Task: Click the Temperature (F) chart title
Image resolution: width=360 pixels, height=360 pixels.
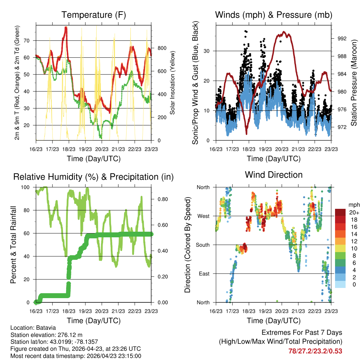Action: coord(94,15)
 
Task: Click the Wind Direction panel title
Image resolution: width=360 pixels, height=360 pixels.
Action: coord(274,175)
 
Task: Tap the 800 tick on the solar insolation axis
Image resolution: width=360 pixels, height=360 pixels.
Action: coord(162,48)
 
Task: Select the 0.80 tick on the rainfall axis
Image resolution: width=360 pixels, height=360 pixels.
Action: coord(162,199)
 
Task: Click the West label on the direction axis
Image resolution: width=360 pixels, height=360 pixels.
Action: coord(204,216)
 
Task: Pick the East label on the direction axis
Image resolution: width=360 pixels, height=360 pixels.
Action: coord(204,274)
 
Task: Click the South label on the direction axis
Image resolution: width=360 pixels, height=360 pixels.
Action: coord(203,245)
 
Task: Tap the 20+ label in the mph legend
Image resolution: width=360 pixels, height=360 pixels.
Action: coord(354,213)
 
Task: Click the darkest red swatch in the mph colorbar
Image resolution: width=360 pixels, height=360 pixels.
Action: coord(340,212)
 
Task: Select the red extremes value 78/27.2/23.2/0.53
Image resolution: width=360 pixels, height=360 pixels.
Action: coord(315,351)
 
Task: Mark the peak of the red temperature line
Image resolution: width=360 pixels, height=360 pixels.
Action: coord(66,27)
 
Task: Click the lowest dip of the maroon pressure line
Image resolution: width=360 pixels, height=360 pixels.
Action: coord(246,134)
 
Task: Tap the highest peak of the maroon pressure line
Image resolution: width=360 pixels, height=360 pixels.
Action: coord(284,32)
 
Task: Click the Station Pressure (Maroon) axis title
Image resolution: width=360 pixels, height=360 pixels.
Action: coord(354,83)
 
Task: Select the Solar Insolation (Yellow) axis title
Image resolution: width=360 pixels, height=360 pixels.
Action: coord(172,83)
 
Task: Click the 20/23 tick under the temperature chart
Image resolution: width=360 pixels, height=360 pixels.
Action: coord(102,149)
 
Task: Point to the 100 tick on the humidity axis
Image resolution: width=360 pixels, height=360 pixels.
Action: coord(25,187)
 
